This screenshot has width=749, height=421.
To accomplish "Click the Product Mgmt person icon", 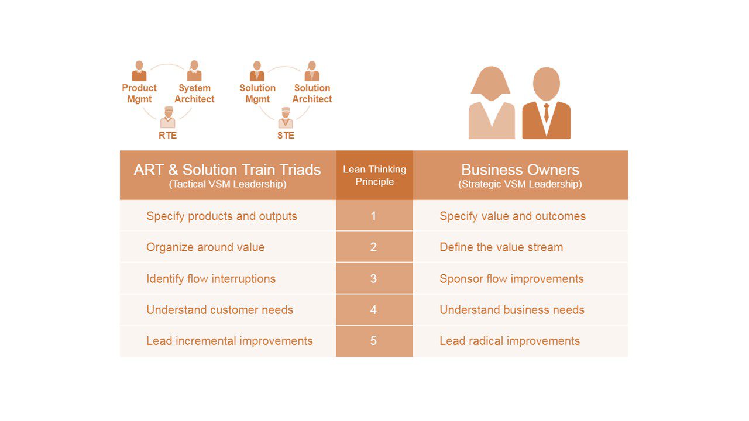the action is pos(139,71).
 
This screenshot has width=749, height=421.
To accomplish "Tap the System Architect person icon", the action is pos(194,71).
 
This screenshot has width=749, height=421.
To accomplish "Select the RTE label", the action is pos(167,135).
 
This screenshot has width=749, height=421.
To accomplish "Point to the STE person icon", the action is pos(286,118).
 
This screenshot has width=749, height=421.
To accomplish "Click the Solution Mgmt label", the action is pos(257,94).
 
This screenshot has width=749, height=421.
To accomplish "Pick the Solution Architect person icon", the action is pos(312,71).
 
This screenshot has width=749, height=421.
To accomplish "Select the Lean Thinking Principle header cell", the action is pos(374,175).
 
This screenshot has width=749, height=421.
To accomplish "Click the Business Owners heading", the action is pos(520,170).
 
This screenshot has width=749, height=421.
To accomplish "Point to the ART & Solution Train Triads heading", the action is pos(228,170).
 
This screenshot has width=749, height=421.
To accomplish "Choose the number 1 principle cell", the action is pos(374,216).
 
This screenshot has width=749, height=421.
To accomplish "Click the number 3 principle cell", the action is pos(374,278).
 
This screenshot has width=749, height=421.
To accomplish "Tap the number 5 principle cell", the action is pos(374,341).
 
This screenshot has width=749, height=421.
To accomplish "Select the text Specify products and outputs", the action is pos(222,216).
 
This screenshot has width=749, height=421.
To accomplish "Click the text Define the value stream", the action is pos(501,247).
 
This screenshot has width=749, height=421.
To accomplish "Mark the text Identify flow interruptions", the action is pos(211,279).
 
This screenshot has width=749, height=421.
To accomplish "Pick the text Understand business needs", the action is pos(512,310).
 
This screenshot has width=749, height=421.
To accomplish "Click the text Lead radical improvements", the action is pos(510,341).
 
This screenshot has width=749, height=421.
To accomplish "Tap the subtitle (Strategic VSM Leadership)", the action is pos(520,184).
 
